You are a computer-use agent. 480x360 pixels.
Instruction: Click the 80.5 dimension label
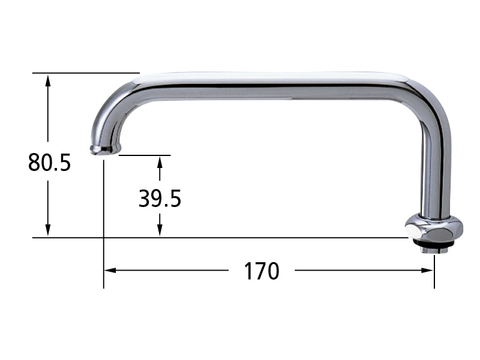(x=49, y=162)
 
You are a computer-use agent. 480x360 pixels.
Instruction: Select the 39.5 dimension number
(x=160, y=199)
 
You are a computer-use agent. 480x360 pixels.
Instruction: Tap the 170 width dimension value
(x=262, y=271)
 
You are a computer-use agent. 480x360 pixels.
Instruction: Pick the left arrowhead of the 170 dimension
(x=110, y=271)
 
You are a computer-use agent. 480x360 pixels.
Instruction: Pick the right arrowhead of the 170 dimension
(x=428, y=271)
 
